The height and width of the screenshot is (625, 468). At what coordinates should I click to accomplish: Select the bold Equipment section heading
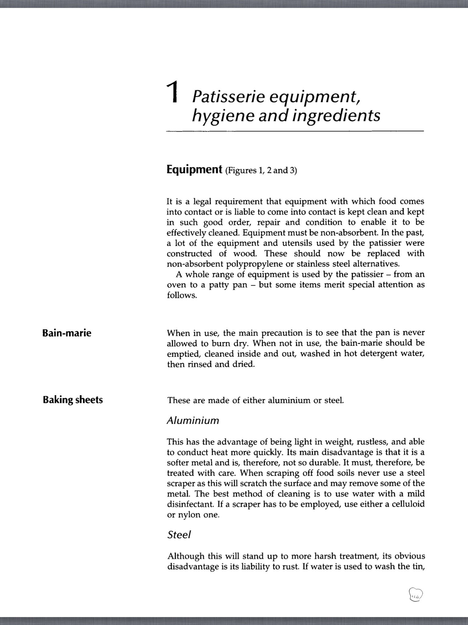(194, 169)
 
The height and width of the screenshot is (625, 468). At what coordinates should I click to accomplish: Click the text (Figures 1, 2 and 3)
(261, 170)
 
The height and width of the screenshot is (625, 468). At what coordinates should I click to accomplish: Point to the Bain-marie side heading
(67, 333)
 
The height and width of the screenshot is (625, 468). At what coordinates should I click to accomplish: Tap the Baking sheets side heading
(73, 400)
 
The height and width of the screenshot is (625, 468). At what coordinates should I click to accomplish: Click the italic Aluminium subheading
(193, 421)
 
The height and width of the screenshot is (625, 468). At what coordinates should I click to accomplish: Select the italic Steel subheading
(179, 535)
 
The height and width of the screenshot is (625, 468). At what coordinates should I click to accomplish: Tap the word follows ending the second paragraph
(182, 295)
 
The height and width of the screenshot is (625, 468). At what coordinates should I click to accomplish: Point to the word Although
(186, 556)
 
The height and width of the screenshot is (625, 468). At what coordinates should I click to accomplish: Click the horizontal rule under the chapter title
(295, 132)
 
